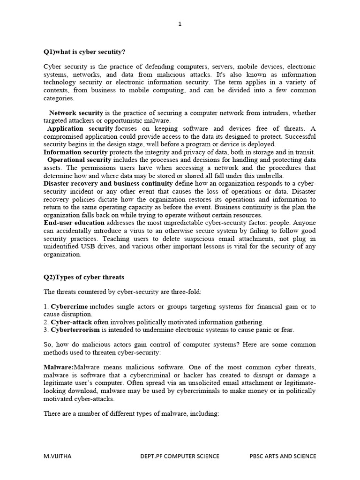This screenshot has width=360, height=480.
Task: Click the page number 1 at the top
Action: [180, 25]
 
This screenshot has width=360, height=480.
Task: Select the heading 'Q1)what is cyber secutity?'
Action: [84, 52]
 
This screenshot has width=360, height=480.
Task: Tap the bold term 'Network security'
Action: [76, 113]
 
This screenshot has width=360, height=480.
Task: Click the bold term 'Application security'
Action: [80, 128]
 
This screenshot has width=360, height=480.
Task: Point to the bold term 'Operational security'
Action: [79, 160]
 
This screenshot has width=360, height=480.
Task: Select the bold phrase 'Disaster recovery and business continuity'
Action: [108, 183]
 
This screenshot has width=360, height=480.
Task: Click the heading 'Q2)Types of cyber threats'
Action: [84, 277]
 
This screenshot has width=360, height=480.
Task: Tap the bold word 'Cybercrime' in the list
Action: [68, 307]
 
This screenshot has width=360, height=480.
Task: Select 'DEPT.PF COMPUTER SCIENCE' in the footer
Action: [180, 456]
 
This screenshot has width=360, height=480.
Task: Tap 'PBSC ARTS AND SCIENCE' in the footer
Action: [282, 456]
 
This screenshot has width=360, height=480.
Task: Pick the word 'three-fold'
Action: [186, 292]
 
